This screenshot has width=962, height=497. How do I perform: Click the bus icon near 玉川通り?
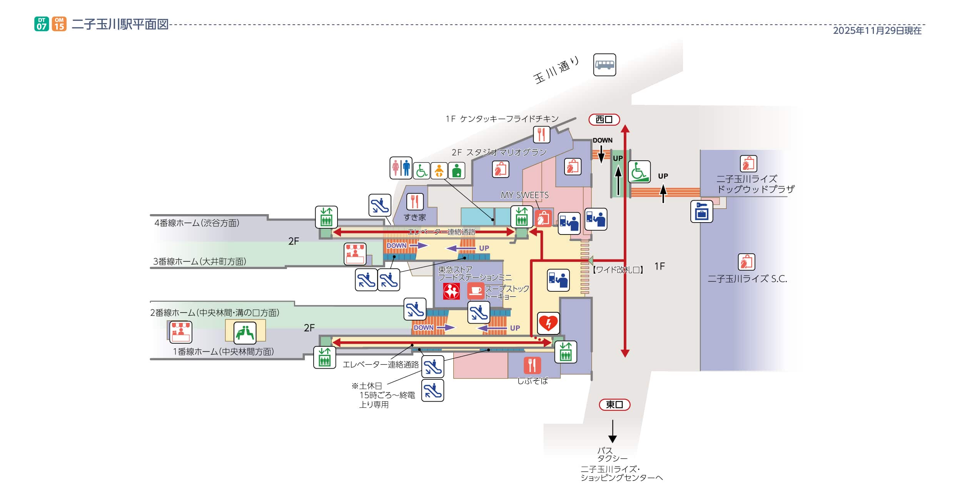pyautogui.click(x=604, y=65)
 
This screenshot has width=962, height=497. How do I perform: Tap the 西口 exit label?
pyautogui.click(x=604, y=120)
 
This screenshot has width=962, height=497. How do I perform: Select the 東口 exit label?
pyautogui.click(x=614, y=404)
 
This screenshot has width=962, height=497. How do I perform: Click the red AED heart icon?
pyautogui.click(x=548, y=323)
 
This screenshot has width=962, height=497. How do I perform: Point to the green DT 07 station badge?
pyautogui.click(x=42, y=24)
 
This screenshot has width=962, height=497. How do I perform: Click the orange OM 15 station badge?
pyautogui.click(x=59, y=24)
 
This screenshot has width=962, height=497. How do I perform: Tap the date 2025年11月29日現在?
pyautogui.click(x=877, y=31)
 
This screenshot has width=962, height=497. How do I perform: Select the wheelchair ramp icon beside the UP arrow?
pyautogui.click(x=639, y=171)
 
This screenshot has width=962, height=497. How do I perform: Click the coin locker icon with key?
pyautogui.click(x=701, y=211)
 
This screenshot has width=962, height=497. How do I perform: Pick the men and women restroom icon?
pyautogui.click(x=401, y=168)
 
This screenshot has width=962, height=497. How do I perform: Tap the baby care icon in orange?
pyautogui.click(x=439, y=171)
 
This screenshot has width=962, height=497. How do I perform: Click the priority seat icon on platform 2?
pyautogui.click(x=245, y=332)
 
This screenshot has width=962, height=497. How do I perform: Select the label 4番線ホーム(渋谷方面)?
pyautogui.click(x=197, y=223)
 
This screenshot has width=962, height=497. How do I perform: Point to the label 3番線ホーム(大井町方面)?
pyautogui.click(x=199, y=262)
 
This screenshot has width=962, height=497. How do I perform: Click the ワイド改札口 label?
pyautogui.click(x=618, y=270)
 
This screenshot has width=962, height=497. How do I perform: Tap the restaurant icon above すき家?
pyautogui.click(x=414, y=201)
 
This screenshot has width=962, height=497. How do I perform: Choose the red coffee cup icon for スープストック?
pyautogui.click(x=476, y=291)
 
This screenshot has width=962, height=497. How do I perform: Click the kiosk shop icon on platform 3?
pyautogui.click(x=354, y=254)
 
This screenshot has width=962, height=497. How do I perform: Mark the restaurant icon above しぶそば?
pyautogui.click(x=532, y=365)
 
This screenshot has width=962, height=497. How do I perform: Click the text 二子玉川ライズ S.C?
pyautogui.click(x=747, y=279)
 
